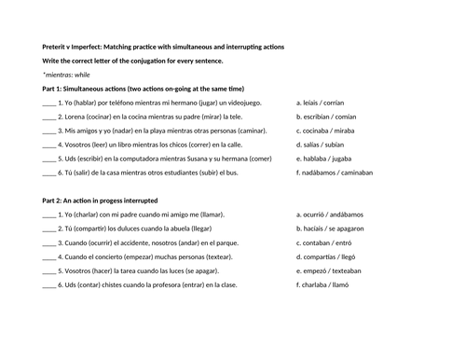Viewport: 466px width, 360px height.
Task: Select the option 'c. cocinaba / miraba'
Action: [325, 131]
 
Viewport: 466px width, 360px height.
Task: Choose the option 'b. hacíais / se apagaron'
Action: [333, 228]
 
